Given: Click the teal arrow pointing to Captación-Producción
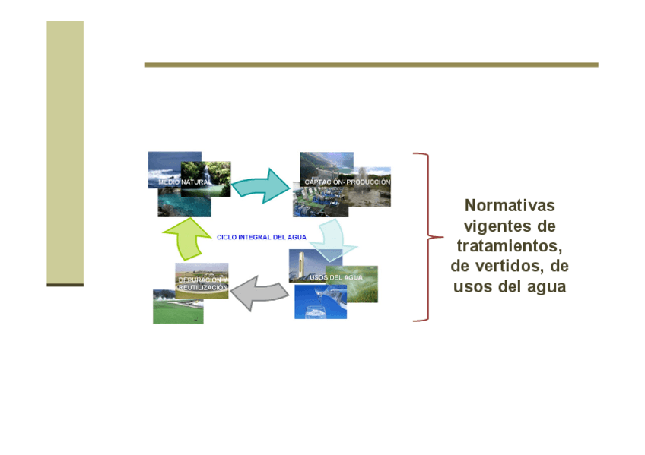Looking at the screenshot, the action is (262, 186).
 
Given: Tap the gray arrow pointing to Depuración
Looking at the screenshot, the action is (259, 293).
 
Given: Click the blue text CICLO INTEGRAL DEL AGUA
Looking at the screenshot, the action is (262, 237).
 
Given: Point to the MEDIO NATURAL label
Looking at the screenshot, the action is (183, 182).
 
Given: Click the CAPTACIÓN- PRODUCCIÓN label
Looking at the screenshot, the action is (347, 182).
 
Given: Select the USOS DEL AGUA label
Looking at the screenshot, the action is (336, 277).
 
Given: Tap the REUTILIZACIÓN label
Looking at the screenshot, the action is (203, 287).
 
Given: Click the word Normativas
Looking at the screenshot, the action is (510, 205).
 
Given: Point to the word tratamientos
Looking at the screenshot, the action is (507, 246).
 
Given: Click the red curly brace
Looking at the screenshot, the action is (428, 237).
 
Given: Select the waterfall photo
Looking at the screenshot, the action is (205, 179).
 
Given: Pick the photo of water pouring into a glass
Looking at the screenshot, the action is (320, 302).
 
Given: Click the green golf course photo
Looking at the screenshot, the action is (178, 307).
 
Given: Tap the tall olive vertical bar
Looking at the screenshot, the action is (65, 153).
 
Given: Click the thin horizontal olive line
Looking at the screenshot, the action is (371, 65).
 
